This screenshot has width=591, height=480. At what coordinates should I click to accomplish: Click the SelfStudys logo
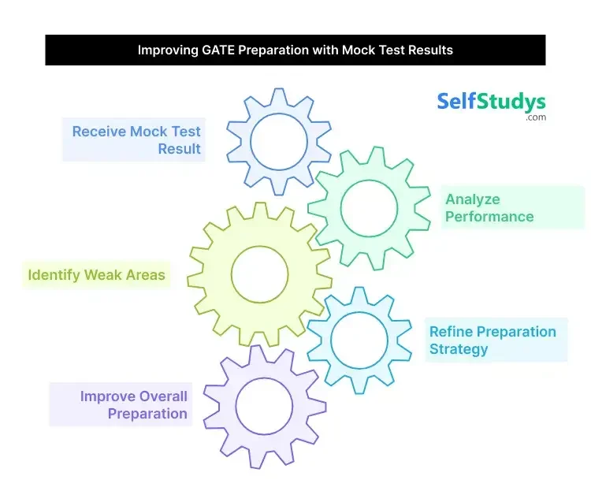point(491,102)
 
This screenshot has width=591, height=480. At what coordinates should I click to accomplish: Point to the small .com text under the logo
point(536,117)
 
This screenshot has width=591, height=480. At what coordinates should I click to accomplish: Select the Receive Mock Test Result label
point(136,140)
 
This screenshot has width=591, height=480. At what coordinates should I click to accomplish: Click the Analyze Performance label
point(489,208)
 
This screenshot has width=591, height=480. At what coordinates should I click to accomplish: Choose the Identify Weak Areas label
point(96,275)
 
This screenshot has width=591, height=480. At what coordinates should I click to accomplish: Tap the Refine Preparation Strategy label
point(492,340)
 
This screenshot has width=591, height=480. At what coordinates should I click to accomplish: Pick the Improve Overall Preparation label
point(133,404)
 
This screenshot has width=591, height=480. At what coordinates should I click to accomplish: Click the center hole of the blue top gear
point(279,142)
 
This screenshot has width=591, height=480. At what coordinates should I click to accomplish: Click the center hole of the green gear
point(369,208)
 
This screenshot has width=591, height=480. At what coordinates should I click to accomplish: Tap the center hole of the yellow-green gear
point(260,274)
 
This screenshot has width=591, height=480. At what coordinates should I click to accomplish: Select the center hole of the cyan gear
point(359,340)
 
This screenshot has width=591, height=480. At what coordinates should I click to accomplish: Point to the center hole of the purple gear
point(264,406)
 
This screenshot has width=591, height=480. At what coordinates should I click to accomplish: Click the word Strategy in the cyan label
point(459,349)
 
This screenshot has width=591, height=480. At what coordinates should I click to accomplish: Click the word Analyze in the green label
point(473,199)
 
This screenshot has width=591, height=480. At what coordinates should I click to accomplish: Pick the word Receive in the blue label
point(98,132)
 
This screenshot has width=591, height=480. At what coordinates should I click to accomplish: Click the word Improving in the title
point(168,50)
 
